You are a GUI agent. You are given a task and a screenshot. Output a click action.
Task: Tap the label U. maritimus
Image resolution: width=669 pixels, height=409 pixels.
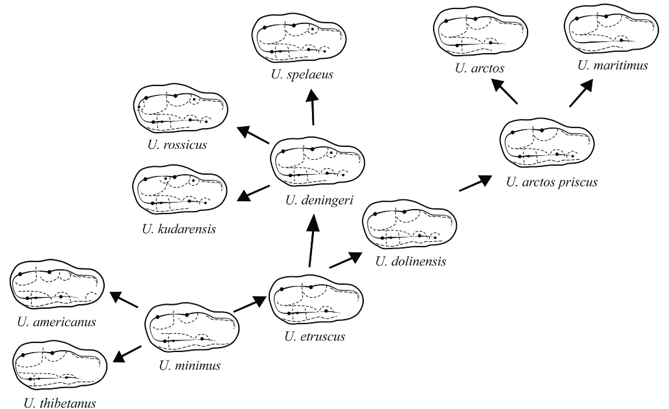point(613,66)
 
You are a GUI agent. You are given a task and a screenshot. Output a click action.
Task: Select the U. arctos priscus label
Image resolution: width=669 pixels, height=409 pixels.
point(552,182)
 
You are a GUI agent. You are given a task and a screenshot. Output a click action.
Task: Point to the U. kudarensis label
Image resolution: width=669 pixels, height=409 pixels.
point(179,229)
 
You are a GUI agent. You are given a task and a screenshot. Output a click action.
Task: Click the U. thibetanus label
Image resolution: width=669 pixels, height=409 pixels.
point(60,403)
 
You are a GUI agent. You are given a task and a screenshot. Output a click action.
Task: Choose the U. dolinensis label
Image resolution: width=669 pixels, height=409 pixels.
point(410,261)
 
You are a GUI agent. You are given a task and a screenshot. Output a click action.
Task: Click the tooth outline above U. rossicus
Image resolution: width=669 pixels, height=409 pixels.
point(181,109)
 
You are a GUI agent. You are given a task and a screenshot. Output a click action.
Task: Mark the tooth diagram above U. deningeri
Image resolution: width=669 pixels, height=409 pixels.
point(318,165)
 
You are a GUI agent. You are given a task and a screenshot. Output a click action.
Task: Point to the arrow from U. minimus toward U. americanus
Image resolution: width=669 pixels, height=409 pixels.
point(124,300)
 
